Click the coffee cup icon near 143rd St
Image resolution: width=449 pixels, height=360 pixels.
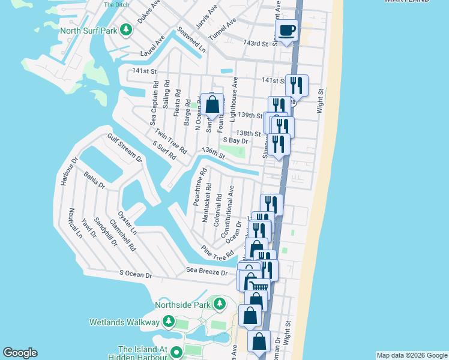286,29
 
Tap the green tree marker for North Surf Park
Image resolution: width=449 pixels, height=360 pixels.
125,29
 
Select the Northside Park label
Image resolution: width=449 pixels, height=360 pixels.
182,305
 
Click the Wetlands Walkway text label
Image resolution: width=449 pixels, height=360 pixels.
124,322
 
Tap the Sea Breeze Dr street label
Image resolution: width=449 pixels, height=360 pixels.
206,272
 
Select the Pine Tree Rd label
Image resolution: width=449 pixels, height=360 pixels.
217,253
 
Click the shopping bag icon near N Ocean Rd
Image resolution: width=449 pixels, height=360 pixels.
212,105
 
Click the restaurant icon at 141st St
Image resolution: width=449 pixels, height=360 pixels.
297,84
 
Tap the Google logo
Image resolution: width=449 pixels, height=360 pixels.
20,353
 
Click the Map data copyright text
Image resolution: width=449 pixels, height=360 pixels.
411,355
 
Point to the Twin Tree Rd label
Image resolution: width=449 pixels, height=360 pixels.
170,141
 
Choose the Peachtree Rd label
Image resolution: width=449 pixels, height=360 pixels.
200,187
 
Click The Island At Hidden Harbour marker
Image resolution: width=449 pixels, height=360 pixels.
176,353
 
